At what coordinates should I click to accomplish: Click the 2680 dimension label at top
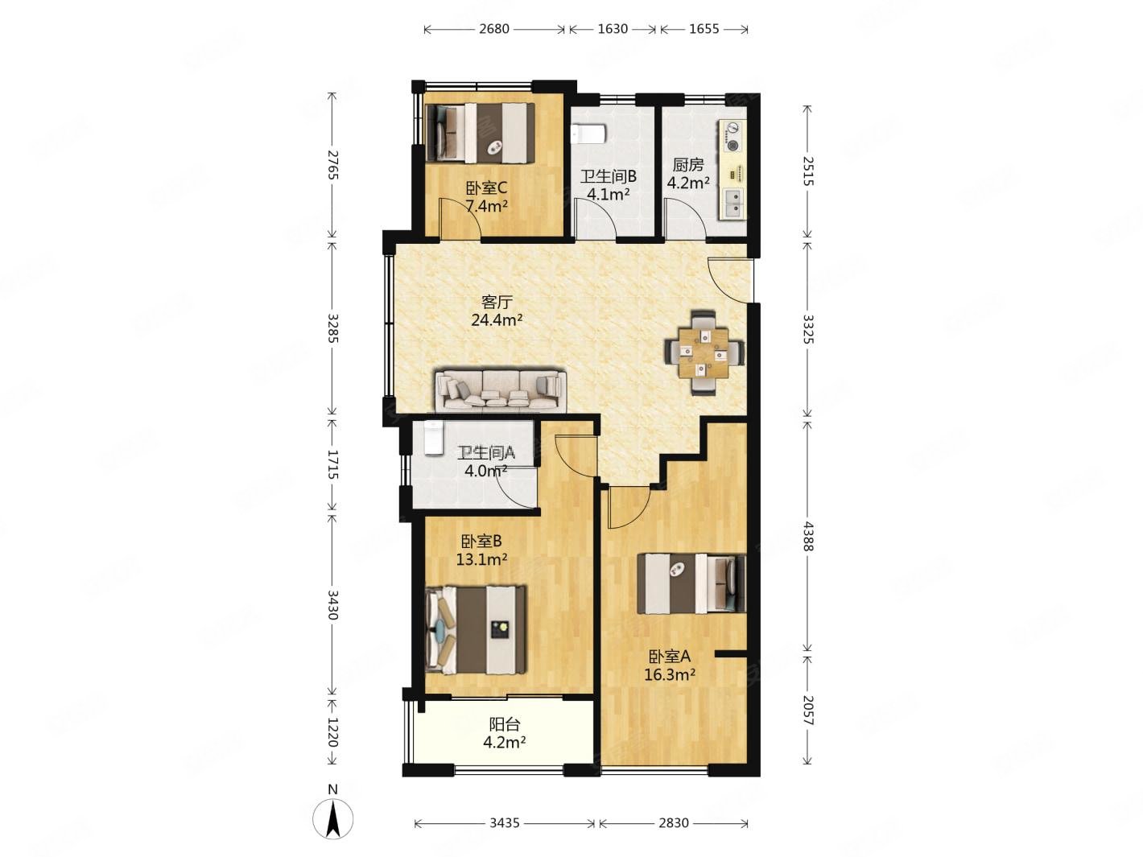(x=493, y=29)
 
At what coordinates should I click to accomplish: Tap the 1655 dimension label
(x=704, y=29)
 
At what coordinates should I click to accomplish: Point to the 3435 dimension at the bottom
(x=505, y=822)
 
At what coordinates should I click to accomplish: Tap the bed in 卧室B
(x=477, y=630)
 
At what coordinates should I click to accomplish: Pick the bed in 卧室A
(x=691, y=583)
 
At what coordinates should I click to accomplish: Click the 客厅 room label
(x=497, y=302)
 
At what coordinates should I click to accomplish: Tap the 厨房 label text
(x=688, y=166)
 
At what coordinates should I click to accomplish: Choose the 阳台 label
(x=505, y=724)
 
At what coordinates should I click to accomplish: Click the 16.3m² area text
(x=670, y=675)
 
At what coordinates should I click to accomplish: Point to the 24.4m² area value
(x=497, y=319)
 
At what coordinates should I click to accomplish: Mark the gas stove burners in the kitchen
(x=732, y=137)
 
